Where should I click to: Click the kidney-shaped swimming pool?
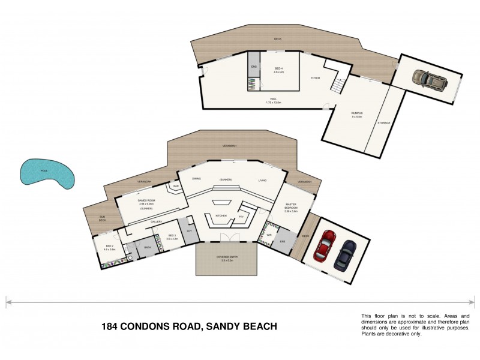pos(46,174)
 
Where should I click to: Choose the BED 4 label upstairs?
pos(279,69)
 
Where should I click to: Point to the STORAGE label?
pos(383,123)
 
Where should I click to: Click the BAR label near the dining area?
pos(176,187)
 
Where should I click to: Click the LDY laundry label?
pos(188,231)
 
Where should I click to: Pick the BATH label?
pos(147,247)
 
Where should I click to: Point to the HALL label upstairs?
pos(273,100)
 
